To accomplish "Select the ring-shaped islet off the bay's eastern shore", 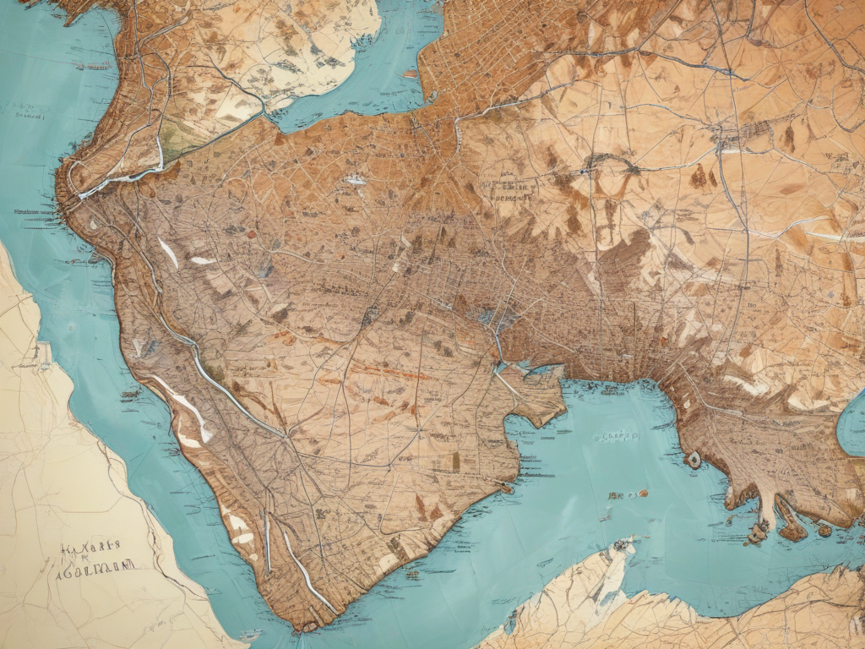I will click(x=694, y=460).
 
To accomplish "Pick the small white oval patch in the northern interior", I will click(x=356, y=180).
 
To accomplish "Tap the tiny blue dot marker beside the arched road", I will click(x=582, y=172).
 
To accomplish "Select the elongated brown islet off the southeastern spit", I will click(x=792, y=532).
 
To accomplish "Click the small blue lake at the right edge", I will click(x=851, y=427).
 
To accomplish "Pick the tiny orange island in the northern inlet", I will click(x=411, y=74).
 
